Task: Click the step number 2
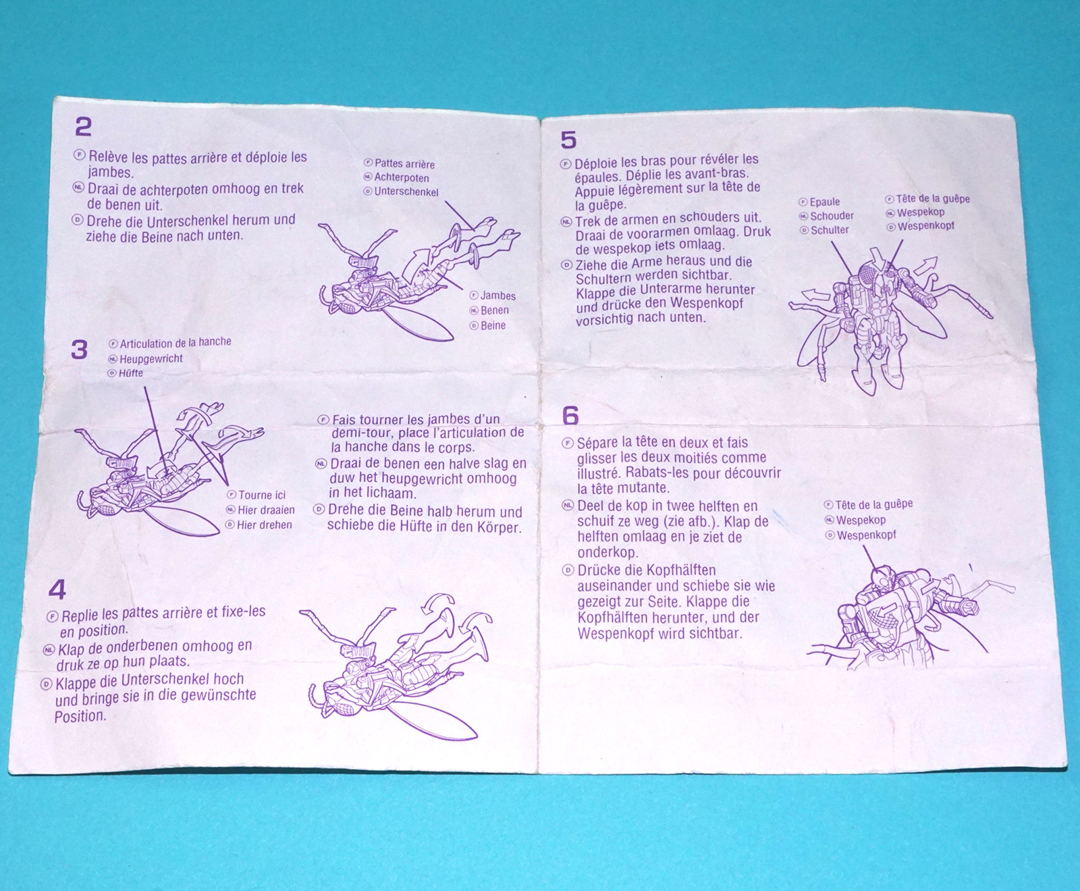(x=84, y=127)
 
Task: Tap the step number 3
(x=80, y=350)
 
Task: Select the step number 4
(x=57, y=590)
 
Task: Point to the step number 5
(x=568, y=140)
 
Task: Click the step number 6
(x=570, y=415)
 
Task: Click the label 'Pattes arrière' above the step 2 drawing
(x=404, y=163)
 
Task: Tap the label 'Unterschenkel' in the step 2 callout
(x=406, y=192)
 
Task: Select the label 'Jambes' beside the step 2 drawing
(x=498, y=296)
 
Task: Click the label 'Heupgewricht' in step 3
(x=151, y=358)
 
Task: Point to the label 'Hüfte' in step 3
(x=131, y=373)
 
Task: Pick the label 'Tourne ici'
(x=262, y=495)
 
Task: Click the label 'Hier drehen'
(x=265, y=524)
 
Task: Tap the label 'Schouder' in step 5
(x=832, y=216)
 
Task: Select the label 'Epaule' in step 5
(x=825, y=202)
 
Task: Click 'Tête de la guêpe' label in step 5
(x=933, y=198)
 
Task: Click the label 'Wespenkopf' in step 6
(x=867, y=535)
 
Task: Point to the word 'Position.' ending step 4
(x=80, y=716)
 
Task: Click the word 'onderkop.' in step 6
(x=607, y=553)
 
